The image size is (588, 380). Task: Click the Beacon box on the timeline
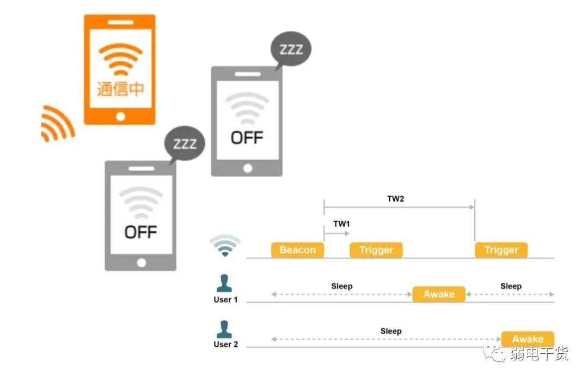tap(297, 250)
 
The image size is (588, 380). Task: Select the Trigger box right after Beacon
tap(376, 250)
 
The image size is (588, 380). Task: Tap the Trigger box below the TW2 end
tap(501, 250)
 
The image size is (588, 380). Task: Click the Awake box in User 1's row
tap(439, 294)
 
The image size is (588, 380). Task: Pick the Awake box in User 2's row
tap(528, 339)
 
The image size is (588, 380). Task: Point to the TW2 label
tap(396, 198)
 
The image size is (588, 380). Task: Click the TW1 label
tap(341, 224)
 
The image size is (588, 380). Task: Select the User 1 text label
tap(225, 300)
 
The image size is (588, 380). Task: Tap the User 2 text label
tap(226, 345)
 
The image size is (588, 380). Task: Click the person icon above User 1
tap(224, 284)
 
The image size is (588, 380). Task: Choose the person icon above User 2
tap(224, 329)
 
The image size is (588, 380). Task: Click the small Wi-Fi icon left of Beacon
tap(225, 245)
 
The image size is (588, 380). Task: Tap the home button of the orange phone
tap(120, 117)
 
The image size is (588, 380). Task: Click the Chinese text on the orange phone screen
tap(120, 89)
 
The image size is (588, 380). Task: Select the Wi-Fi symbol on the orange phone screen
tap(120, 59)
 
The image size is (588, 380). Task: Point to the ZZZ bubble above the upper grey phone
tap(291, 49)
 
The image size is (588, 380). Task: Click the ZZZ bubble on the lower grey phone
tap(185, 144)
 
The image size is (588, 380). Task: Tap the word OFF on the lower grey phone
tap(140, 232)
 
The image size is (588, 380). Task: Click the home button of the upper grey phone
tap(248, 168)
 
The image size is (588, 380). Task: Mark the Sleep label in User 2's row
tap(391, 331)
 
